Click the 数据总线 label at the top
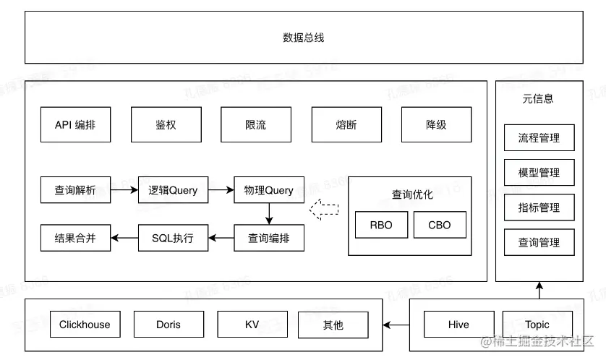point(303,38)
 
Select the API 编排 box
point(75,124)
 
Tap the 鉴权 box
point(166,124)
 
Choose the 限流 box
point(255,124)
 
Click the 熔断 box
point(346,124)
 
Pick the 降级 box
point(436,124)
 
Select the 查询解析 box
point(75,190)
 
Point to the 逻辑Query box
point(173,190)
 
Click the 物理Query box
point(269,190)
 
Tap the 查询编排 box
point(269,237)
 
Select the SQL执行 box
point(173,237)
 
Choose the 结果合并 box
point(75,237)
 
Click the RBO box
point(381,225)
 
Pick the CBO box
point(440,225)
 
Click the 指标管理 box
point(539,207)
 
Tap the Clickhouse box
point(85,325)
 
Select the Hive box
point(458,325)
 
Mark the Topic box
point(537,325)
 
